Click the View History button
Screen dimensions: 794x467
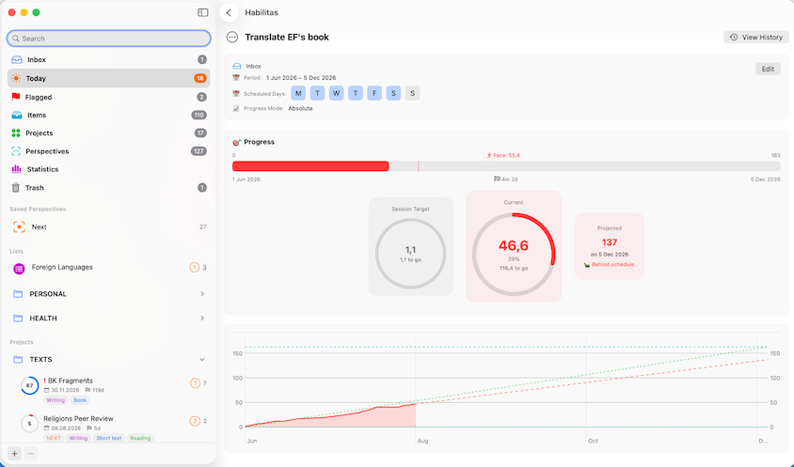[x=756, y=38]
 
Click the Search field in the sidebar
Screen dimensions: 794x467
[x=109, y=39]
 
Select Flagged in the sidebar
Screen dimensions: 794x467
[x=39, y=97]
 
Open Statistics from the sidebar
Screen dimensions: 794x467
[x=42, y=169]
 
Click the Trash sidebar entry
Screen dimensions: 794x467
[x=35, y=188]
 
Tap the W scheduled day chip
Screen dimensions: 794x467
[x=336, y=93]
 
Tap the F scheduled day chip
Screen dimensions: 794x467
[x=374, y=93]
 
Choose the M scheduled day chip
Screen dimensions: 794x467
[x=298, y=93]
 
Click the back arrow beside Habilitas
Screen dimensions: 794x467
[x=229, y=12]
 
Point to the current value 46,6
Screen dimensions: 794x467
[x=514, y=246]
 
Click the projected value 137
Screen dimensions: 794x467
[x=610, y=242]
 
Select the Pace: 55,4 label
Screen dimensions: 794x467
[x=503, y=155]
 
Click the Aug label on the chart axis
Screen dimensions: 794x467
[x=422, y=442]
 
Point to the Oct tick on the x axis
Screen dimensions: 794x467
[x=593, y=442]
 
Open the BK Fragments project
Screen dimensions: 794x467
[x=71, y=381]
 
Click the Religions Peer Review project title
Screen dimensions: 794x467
[x=78, y=418]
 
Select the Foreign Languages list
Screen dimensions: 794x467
[x=62, y=267]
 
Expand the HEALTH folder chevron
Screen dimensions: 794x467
[x=202, y=319]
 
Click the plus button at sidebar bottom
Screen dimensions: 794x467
[x=15, y=453]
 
